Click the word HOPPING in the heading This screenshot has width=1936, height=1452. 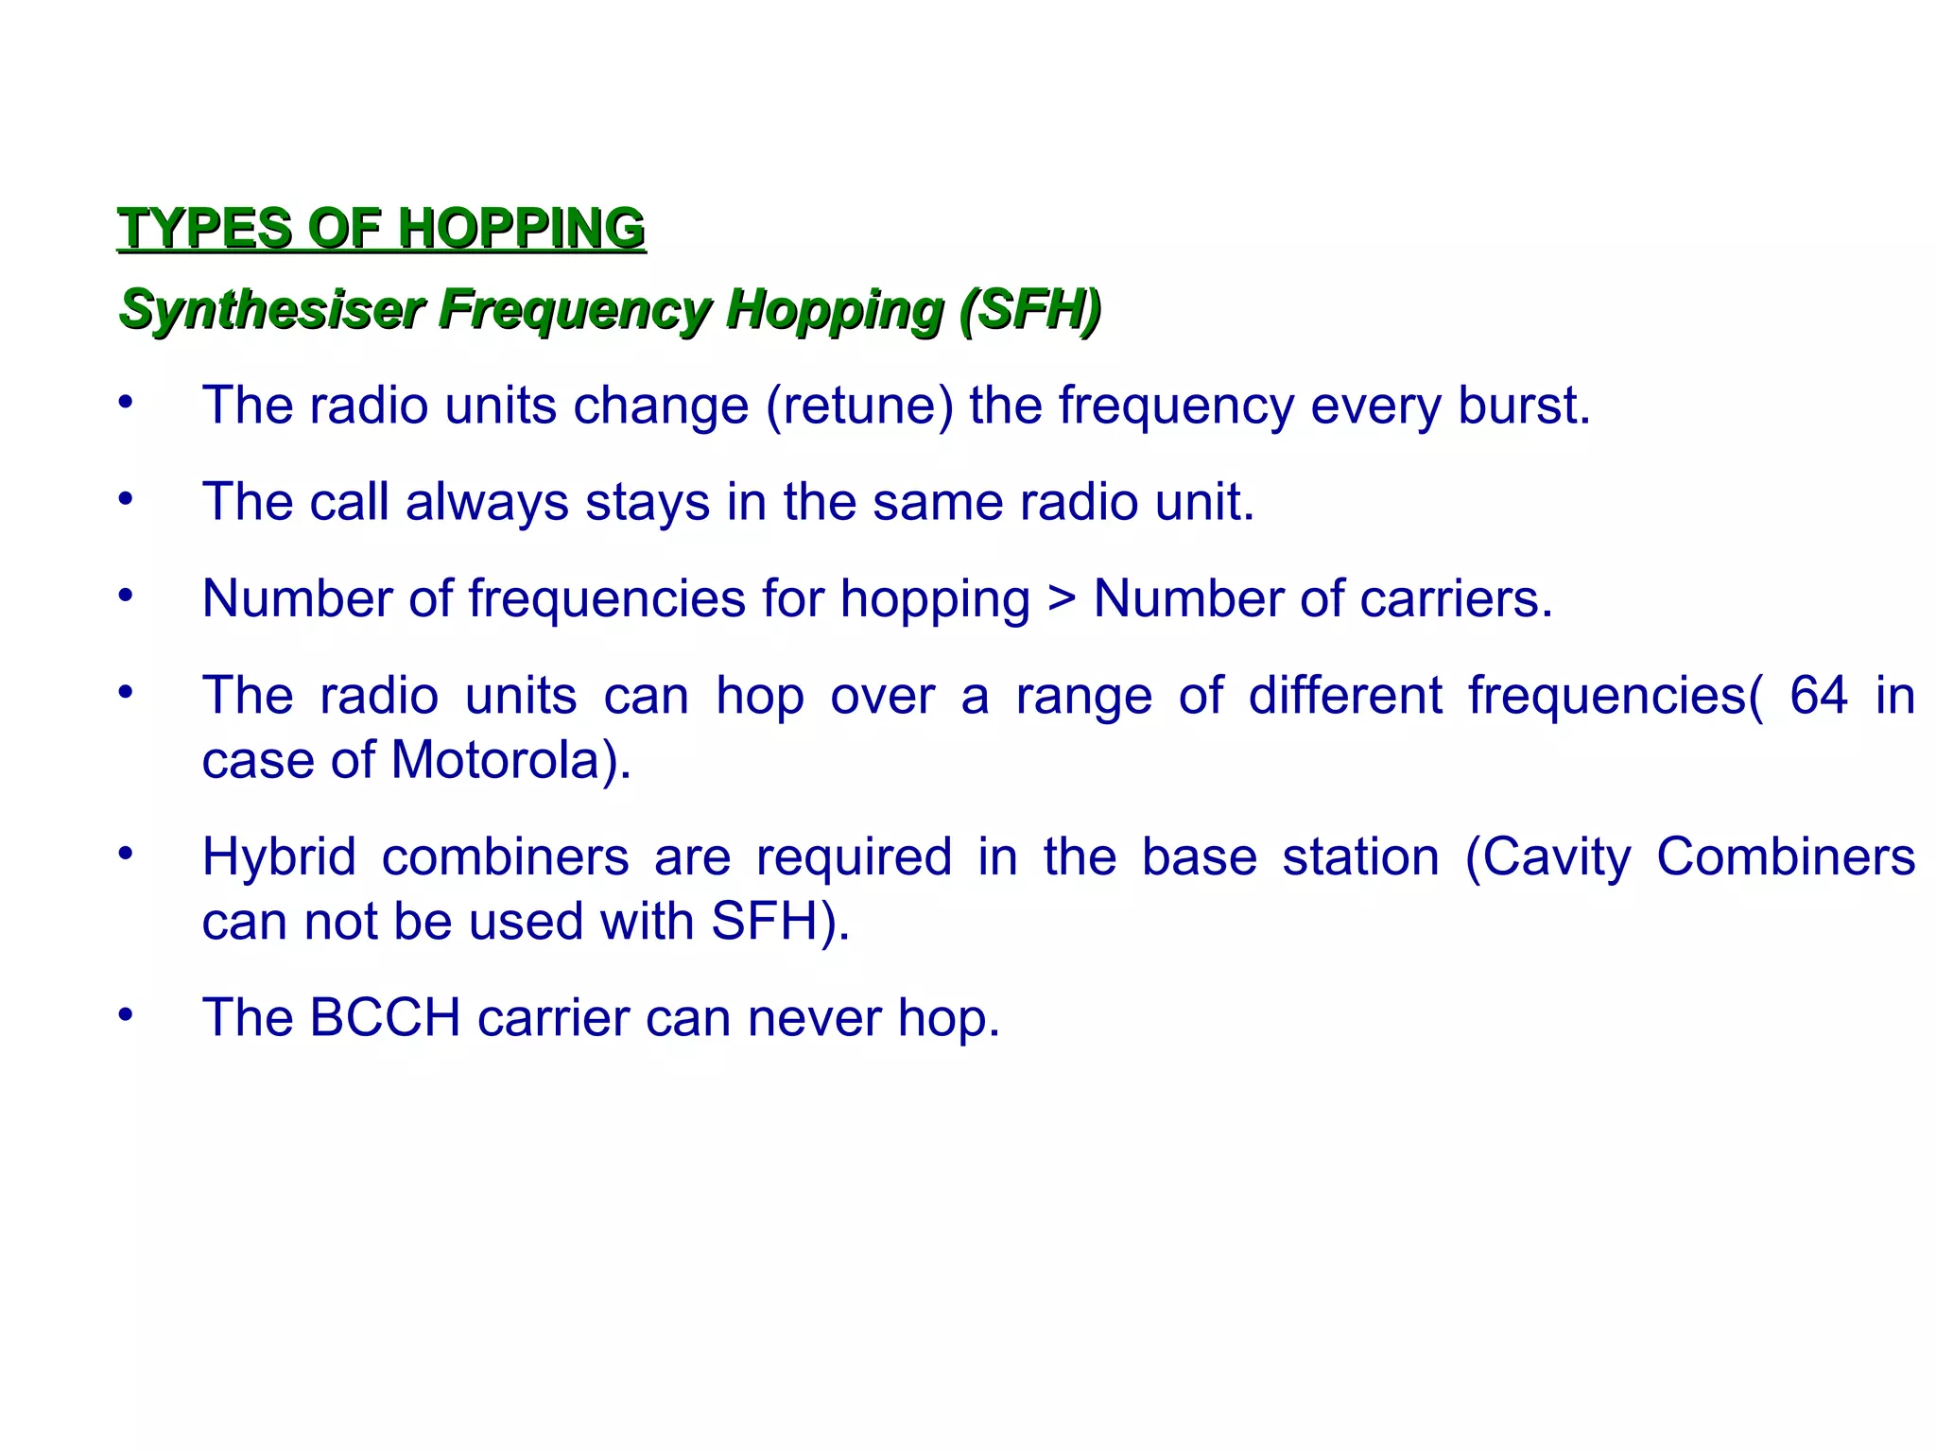point(521,229)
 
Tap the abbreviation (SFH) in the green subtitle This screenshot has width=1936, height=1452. point(1030,309)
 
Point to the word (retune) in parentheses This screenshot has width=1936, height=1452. point(859,406)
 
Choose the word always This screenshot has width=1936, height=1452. point(486,501)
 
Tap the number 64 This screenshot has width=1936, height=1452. point(1818,696)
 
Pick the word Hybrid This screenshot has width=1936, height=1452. point(279,857)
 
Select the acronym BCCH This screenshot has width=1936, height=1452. point(384,1018)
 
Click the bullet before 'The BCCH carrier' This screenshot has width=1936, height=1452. point(126,1015)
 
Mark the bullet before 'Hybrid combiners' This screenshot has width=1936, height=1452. point(126,854)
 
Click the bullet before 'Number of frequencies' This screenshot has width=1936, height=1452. point(126,596)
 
